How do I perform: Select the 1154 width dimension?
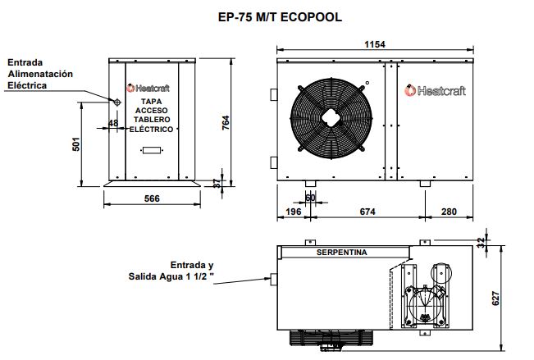point(376,45)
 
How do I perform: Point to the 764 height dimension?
point(225,121)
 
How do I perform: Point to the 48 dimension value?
point(113,124)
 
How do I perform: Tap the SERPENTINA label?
point(340,252)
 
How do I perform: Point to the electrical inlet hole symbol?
point(116,101)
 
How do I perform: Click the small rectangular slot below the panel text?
point(151,150)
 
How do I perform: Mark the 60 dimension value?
point(310,198)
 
